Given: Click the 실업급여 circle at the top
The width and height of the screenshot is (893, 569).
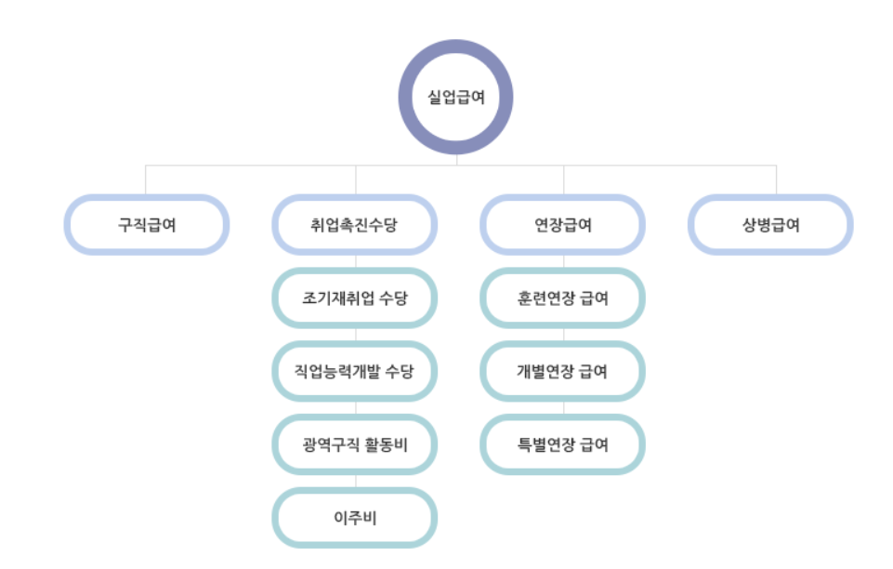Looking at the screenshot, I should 455,97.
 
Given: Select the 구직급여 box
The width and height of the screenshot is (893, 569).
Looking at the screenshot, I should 147,224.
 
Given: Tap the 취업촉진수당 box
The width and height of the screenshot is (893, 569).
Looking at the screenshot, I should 355,224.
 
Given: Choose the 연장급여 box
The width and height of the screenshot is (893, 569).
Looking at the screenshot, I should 563,224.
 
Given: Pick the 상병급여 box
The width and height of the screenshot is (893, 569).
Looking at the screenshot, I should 771,224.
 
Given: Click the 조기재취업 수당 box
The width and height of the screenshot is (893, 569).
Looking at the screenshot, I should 355,298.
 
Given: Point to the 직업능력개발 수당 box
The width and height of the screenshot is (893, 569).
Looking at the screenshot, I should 355,371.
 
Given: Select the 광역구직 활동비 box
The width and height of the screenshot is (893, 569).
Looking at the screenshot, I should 355,444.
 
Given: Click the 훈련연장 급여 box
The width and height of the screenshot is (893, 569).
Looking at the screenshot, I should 563,298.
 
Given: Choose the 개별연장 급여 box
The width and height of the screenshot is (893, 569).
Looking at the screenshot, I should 563,371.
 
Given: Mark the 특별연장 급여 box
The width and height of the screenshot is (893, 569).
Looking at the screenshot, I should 563,444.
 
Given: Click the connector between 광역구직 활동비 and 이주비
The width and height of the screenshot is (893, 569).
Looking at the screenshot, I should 355,481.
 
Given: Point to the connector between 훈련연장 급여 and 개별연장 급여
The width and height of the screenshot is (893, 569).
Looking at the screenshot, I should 563,335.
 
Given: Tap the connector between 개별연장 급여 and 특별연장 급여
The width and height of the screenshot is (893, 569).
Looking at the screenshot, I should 563,408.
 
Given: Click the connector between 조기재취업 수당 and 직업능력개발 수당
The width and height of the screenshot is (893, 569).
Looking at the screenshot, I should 355,335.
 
